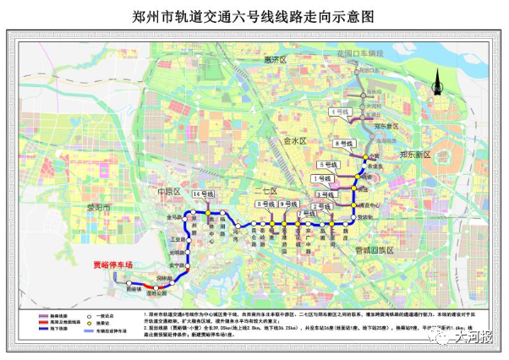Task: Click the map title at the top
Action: pyautogui.click(x=254, y=16)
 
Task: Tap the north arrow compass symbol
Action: pyautogui.click(x=437, y=82)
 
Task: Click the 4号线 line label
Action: pyautogui.click(x=341, y=111)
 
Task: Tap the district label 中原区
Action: pyautogui.click(x=170, y=192)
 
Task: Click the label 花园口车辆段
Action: pyautogui.click(x=359, y=53)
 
